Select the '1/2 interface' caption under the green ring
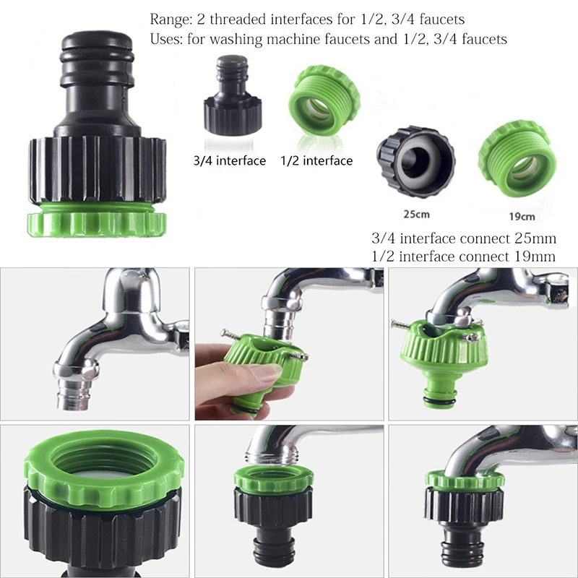316,160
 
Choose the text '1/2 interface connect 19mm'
463,256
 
